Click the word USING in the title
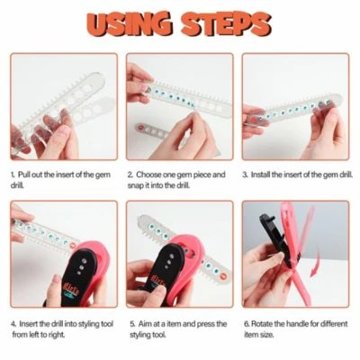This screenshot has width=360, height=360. (x=130, y=24)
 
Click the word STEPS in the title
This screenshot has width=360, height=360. (x=226, y=24)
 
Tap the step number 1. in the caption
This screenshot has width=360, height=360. (x=13, y=175)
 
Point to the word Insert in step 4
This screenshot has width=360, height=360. (x=29, y=324)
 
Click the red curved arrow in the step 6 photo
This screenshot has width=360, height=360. (x=315, y=264)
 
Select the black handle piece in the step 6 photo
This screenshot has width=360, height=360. (x=275, y=240)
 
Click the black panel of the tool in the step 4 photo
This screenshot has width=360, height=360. (x=78, y=276)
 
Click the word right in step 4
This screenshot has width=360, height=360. (x=56, y=335)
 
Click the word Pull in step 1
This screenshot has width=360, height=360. (x=24, y=175)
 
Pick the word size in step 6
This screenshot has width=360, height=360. (x=266, y=335)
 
